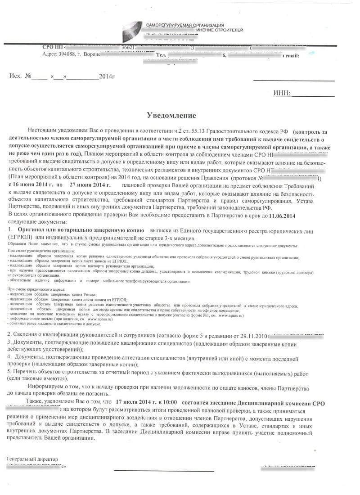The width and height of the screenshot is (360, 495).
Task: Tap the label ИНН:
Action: [x=282, y=93]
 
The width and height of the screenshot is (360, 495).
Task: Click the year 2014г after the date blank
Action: [x=107, y=76]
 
